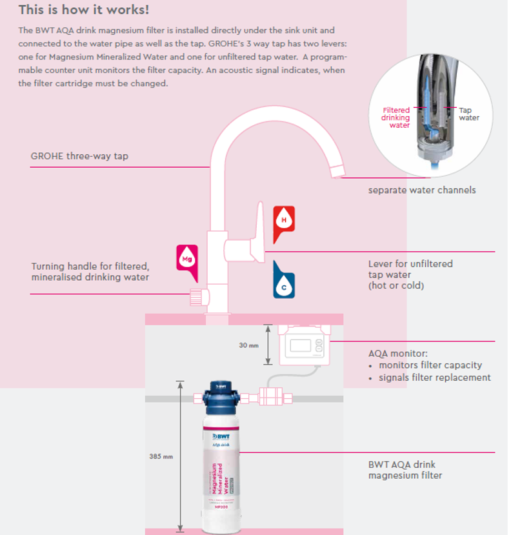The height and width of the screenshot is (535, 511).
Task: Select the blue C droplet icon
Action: click(x=284, y=281)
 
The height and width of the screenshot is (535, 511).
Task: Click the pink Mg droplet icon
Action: click(x=186, y=257)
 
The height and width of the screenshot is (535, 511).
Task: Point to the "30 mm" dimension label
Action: click(x=248, y=345)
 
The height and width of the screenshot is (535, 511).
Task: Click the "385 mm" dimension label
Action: click(x=161, y=457)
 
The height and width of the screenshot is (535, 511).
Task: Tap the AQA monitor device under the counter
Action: click(x=304, y=344)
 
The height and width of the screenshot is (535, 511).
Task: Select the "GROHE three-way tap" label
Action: click(x=79, y=156)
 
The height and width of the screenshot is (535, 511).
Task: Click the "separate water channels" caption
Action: click(x=422, y=190)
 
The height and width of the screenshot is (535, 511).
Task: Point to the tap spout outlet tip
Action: click(x=337, y=169)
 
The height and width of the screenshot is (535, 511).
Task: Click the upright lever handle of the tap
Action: click(x=259, y=232)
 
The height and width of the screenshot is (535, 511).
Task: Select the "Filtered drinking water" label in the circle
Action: click(x=396, y=117)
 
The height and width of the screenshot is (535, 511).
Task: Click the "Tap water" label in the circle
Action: click(x=469, y=114)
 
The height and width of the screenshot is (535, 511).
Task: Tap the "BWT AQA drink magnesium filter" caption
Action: click(x=405, y=470)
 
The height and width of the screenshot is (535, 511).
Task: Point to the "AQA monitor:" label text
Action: click(x=398, y=354)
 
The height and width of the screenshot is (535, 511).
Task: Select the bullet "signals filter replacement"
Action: click(x=434, y=378)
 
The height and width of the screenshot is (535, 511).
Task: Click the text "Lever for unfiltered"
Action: click(x=410, y=263)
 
